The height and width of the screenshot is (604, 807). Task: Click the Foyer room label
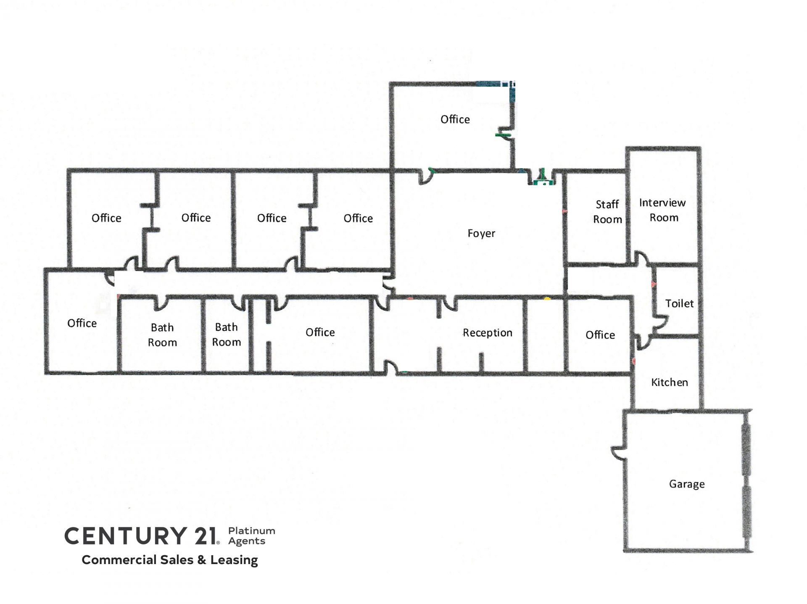481,233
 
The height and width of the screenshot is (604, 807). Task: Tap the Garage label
687,484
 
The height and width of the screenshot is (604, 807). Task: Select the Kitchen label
670,382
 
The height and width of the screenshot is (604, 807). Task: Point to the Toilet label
679,303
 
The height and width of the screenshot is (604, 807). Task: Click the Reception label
488,333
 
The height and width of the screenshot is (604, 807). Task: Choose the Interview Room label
662,210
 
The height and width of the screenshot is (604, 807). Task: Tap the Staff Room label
607,212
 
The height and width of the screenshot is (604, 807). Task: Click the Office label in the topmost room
455,119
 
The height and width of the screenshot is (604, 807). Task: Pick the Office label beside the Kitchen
600,335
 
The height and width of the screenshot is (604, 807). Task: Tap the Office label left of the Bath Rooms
82,323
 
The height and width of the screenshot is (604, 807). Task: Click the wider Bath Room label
162,335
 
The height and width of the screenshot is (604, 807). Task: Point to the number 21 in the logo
206,536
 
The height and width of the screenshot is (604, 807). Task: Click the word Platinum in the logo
252,531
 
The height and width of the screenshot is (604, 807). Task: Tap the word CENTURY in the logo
126,536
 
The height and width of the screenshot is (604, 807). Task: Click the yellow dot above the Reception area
547,299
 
